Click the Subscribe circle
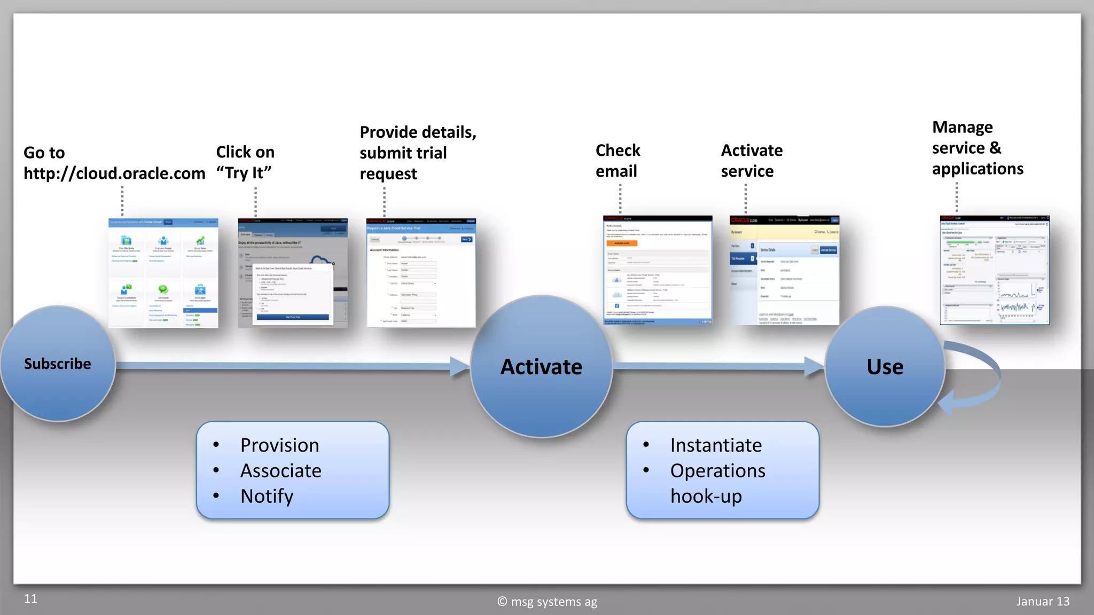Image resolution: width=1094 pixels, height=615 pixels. [x=57, y=364]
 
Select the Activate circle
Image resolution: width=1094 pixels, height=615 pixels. [x=541, y=367]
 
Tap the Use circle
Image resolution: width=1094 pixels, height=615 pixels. [x=885, y=367]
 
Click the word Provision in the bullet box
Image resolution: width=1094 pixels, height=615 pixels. [x=279, y=445]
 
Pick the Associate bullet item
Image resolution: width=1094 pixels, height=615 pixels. [x=280, y=471]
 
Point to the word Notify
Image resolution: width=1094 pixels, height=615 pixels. [x=267, y=496]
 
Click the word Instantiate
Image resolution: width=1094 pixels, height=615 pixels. [x=716, y=445]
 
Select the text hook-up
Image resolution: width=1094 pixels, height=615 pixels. [x=706, y=496]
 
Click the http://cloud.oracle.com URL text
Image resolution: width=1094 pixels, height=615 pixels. [x=114, y=174]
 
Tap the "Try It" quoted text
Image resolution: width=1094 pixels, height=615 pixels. [x=244, y=173]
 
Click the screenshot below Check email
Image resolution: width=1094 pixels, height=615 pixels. [x=658, y=270]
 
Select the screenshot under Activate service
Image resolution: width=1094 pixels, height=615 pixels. [x=784, y=270]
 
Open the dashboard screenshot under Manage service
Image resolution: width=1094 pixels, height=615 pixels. [x=995, y=270]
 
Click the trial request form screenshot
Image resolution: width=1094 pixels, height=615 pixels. [x=421, y=273]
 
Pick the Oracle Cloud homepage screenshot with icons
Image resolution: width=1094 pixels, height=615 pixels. [x=163, y=273]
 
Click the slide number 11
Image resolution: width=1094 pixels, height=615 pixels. [x=30, y=599]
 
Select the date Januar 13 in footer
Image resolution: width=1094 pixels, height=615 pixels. [x=1043, y=602]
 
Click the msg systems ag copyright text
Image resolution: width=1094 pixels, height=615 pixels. [x=548, y=602]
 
